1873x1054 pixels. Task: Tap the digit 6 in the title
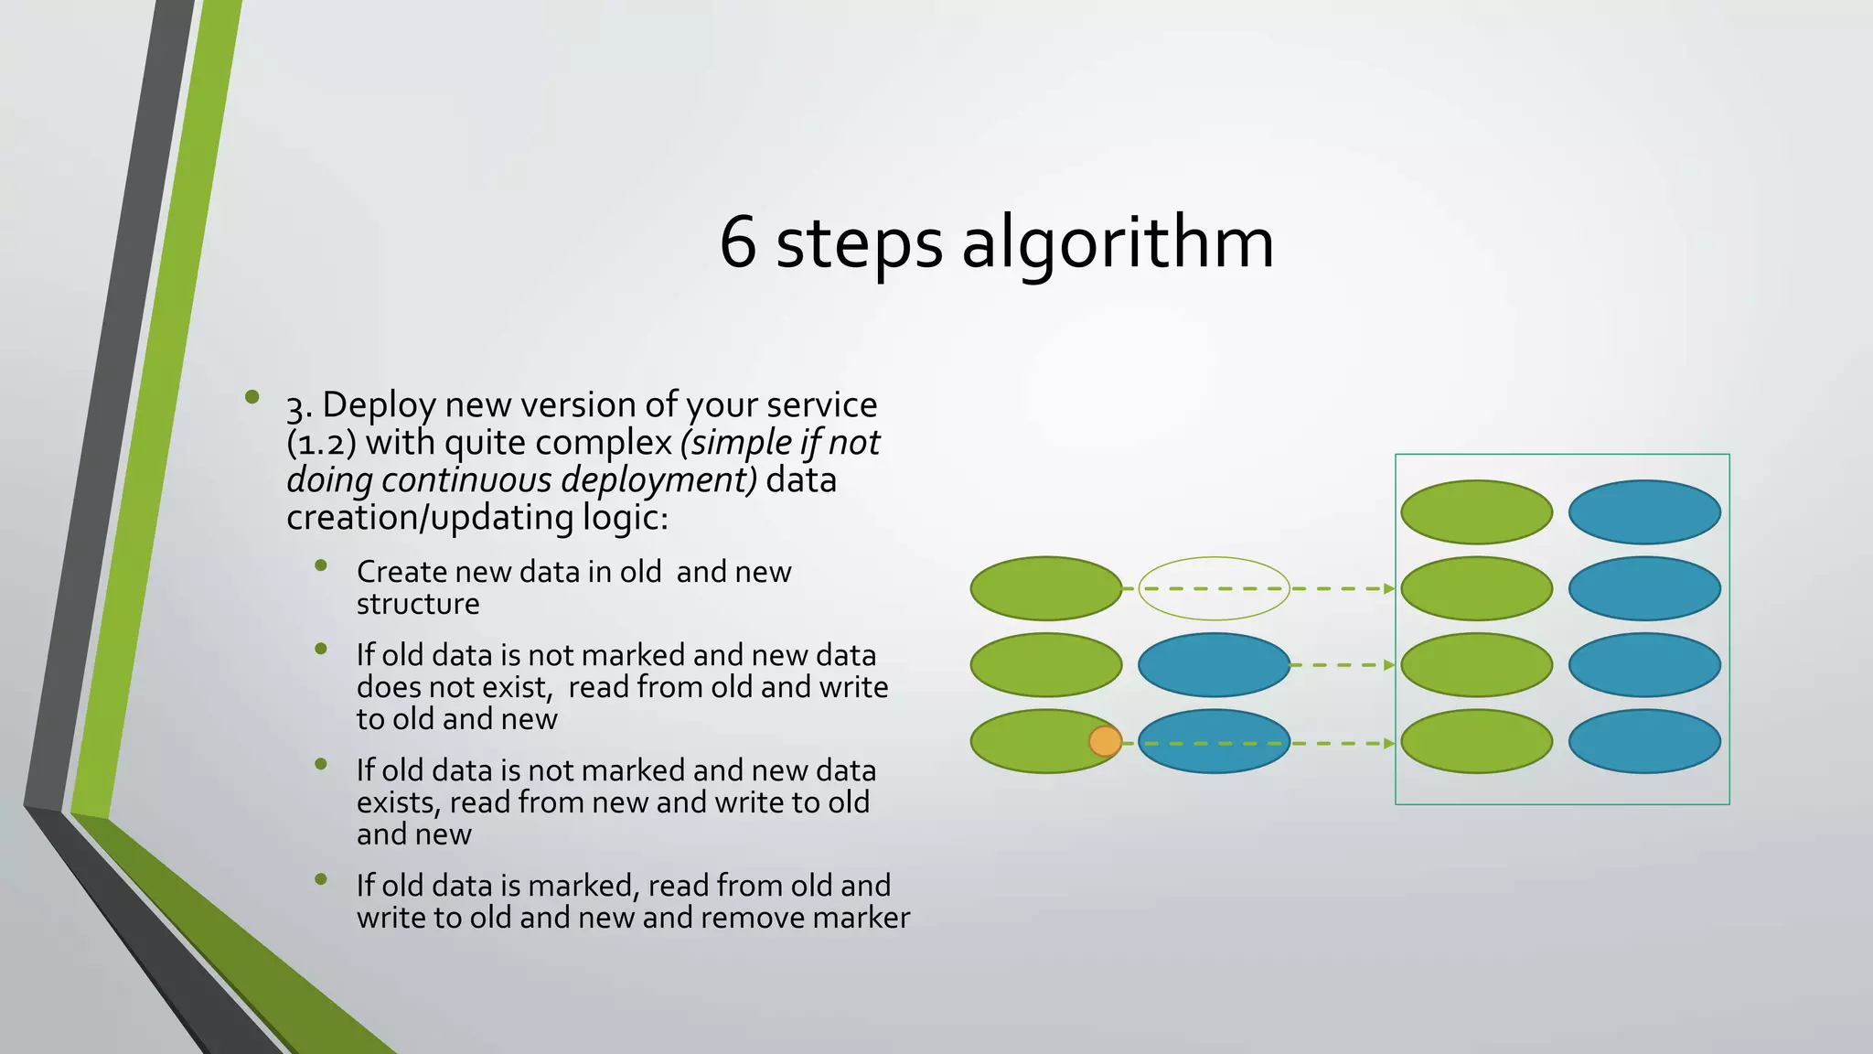[x=738, y=243]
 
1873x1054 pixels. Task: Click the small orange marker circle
[x=1105, y=741]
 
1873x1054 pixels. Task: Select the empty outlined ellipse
[x=1214, y=588]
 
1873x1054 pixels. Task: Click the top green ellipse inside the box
[x=1476, y=512]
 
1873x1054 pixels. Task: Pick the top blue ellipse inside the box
[x=1644, y=512]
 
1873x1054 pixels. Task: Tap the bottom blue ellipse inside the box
[x=1644, y=741]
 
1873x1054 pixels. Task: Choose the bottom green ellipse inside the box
[x=1476, y=741]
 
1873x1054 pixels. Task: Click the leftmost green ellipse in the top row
[x=1045, y=588]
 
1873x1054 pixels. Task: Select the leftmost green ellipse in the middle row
[x=1045, y=665]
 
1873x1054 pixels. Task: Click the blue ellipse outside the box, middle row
[x=1214, y=665]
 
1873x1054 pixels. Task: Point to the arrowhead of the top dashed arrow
[x=1389, y=588]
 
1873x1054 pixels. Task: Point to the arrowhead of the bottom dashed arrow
[x=1389, y=743]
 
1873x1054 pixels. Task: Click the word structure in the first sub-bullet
[x=418, y=604]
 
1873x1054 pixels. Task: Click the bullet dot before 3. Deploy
[x=252, y=396]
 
